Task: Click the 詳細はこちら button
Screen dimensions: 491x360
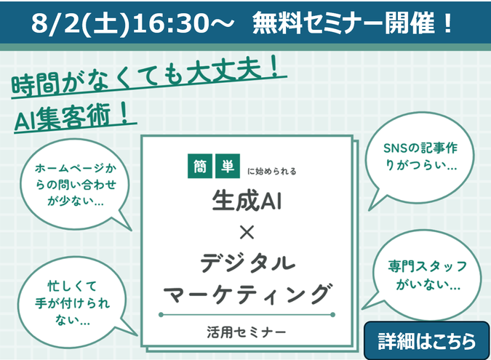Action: pyautogui.click(x=426, y=340)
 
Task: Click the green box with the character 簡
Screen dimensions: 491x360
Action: pyautogui.click(x=200, y=166)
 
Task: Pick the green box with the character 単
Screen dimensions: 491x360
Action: pyautogui.click(x=228, y=166)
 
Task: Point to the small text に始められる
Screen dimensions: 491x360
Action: pyautogui.click(x=271, y=171)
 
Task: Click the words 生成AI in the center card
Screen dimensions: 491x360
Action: pyautogui.click(x=247, y=201)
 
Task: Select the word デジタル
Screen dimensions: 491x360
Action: pyautogui.click(x=247, y=263)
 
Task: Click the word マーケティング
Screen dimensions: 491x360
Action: pyautogui.click(x=247, y=294)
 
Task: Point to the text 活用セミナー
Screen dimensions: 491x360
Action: pyautogui.click(x=247, y=332)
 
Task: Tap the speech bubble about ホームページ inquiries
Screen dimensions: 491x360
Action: pyautogui.click(x=75, y=185)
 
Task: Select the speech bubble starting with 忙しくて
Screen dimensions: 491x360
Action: pyautogui.click(x=73, y=303)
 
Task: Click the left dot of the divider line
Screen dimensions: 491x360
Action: pyautogui.click(x=161, y=315)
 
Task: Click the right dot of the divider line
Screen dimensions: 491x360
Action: pyautogui.click(x=332, y=315)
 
